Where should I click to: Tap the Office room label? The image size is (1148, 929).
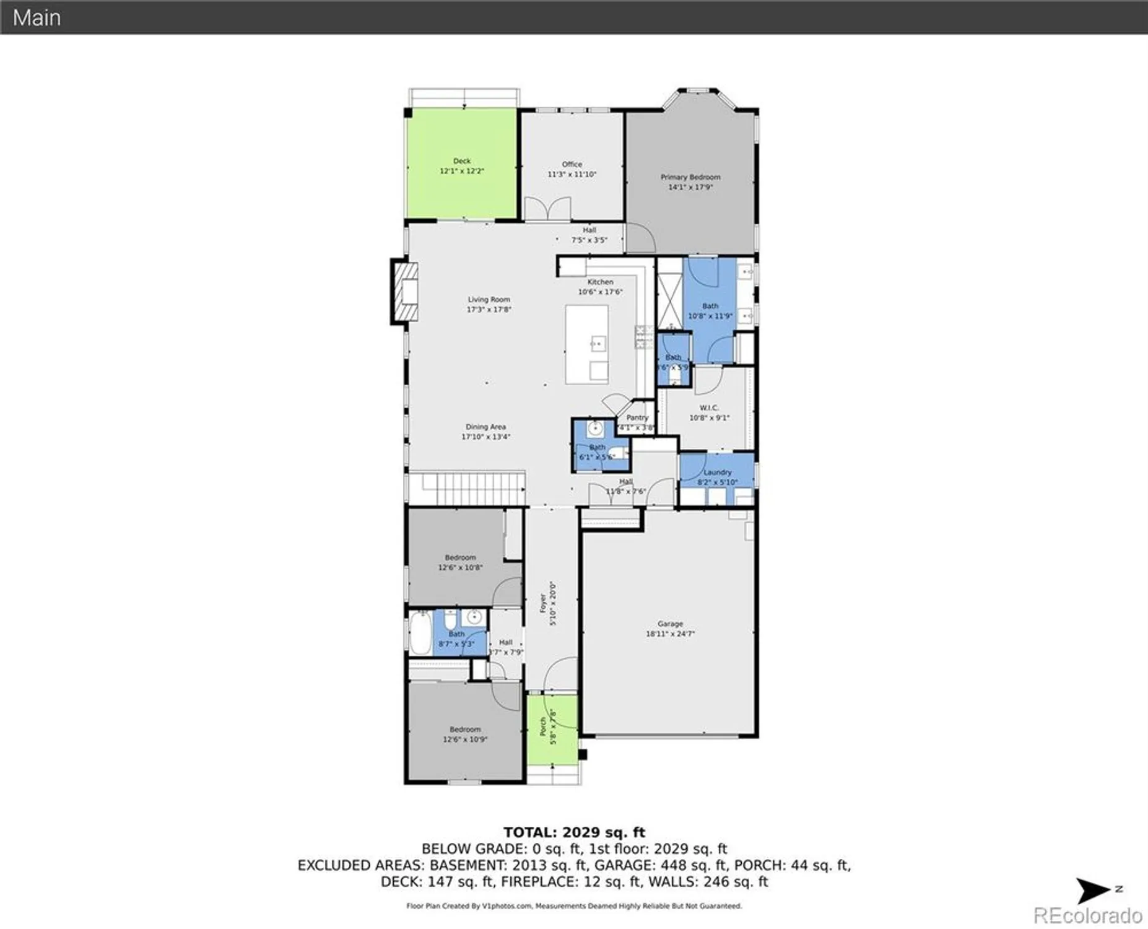pyautogui.click(x=572, y=164)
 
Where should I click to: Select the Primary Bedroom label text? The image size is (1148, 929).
pyautogui.click(x=690, y=177)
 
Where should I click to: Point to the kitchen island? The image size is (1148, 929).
pyautogui.click(x=586, y=344)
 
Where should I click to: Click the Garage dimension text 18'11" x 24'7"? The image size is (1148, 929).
pyautogui.click(x=670, y=634)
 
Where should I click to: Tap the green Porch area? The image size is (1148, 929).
pyautogui.click(x=552, y=731)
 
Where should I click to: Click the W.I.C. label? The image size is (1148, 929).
pyautogui.click(x=708, y=408)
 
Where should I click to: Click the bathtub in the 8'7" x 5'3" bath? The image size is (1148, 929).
pyautogui.click(x=420, y=632)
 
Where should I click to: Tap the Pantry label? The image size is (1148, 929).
pyautogui.click(x=637, y=417)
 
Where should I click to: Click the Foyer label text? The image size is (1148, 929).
pyautogui.click(x=543, y=603)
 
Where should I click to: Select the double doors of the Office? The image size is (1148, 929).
pyautogui.click(x=548, y=209)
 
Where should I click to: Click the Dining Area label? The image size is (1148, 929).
pyautogui.click(x=485, y=427)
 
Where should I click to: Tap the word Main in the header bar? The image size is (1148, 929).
pyautogui.click(x=37, y=17)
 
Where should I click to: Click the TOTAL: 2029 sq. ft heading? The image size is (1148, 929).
pyautogui.click(x=574, y=832)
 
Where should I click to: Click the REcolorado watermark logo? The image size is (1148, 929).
pyautogui.click(x=1088, y=915)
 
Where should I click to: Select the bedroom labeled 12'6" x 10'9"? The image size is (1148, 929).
pyautogui.click(x=465, y=734)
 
